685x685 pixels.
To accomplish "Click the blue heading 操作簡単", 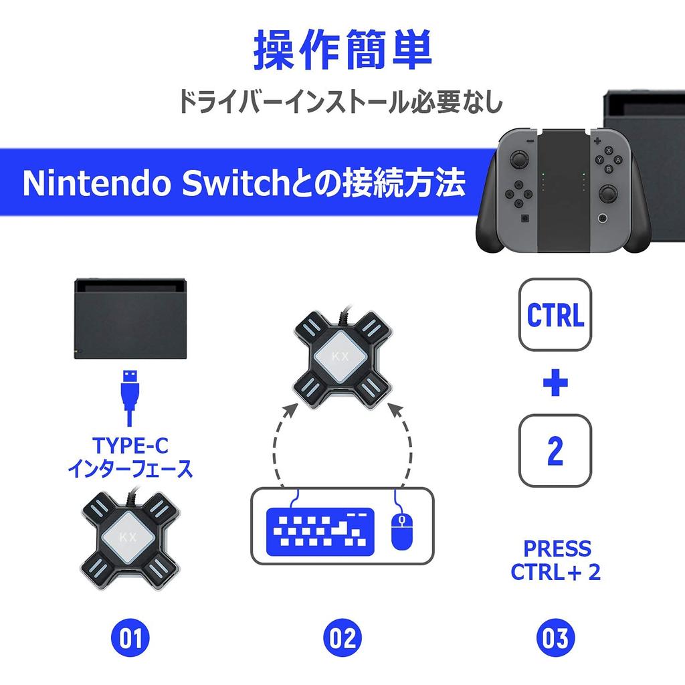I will [342, 50].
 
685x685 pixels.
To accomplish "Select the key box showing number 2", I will [555, 450].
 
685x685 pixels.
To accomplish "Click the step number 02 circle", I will [342, 638].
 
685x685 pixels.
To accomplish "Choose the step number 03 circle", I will [555, 638].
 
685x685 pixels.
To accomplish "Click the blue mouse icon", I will [401, 530].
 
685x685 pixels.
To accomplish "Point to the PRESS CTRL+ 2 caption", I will [555, 561].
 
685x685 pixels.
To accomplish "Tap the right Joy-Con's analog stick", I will [607, 194].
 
